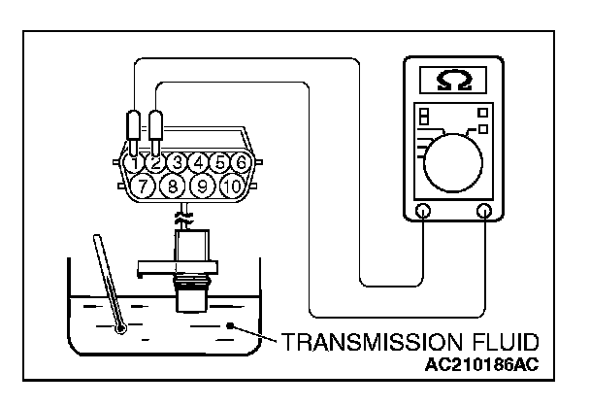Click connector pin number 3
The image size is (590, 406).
[178, 162]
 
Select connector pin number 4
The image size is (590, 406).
[200, 162]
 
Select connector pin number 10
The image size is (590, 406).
[233, 185]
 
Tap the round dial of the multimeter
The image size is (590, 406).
[452, 158]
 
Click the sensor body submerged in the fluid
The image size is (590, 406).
[189, 291]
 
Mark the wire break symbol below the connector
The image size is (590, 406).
[185, 215]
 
